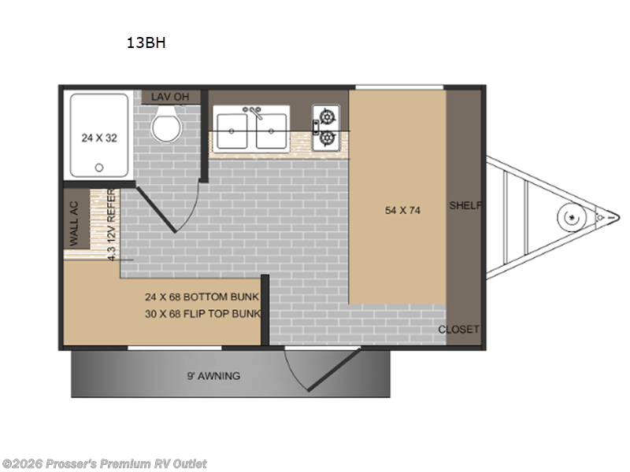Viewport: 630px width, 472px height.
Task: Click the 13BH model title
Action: pos(146,44)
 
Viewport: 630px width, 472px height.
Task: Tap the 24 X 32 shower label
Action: pos(99,138)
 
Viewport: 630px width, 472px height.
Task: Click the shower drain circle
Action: pos(99,168)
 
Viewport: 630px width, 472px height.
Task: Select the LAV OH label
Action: pos(171,97)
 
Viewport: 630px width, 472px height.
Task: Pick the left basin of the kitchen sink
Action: pos(232,131)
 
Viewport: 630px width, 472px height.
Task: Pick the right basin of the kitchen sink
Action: pos(270,131)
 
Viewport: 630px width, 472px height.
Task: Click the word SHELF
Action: pos(465,206)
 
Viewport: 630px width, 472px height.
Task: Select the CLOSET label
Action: pos(458,330)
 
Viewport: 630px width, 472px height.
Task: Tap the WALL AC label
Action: pos(75,224)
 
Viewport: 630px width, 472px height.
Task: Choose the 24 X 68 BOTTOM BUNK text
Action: pos(202,297)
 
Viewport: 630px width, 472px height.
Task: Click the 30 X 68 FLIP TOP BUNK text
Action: pos(202,314)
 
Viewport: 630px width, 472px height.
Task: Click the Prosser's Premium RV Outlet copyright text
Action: pos(105,463)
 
